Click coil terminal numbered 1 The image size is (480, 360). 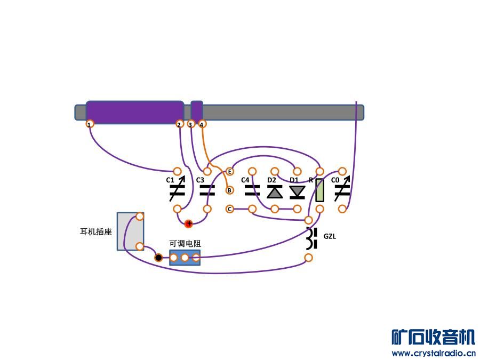click(x=90, y=124)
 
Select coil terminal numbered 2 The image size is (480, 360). click(x=179, y=124)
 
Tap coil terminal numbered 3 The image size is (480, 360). click(x=191, y=124)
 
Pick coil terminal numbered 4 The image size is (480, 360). click(x=202, y=124)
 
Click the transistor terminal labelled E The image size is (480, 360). click(x=230, y=171)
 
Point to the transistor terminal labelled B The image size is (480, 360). click(x=230, y=190)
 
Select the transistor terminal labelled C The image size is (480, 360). click(x=230, y=209)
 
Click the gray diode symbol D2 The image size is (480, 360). click(x=275, y=191)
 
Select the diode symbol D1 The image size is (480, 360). click(x=297, y=191)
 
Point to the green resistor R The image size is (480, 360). click(x=319, y=190)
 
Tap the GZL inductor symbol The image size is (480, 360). click(x=311, y=238)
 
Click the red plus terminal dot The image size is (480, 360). click(x=188, y=224)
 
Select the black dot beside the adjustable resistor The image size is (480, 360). click(x=158, y=258)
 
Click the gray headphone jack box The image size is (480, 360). click(x=130, y=231)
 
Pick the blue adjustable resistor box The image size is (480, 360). click(x=185, y=258)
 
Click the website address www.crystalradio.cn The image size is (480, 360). click(x=433, y=353)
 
